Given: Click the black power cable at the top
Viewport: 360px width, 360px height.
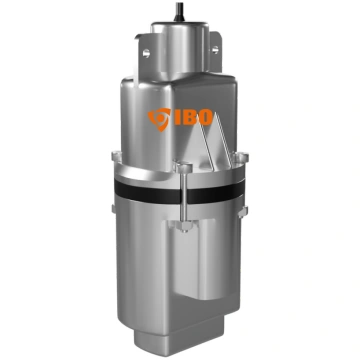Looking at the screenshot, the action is [x=179, y=11].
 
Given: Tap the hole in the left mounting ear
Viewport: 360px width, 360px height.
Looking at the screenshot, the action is [x=146, y=53].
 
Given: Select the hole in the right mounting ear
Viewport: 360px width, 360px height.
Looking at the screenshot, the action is [x=215, y=50].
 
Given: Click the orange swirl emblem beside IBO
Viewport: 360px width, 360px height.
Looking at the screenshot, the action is [x=159, y=119].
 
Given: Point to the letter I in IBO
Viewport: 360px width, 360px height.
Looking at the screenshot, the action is [x=178, y=117].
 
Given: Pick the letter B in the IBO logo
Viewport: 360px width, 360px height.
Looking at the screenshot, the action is [x=191, y=117].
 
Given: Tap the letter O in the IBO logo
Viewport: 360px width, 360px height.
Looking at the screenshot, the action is [x=206, y=117].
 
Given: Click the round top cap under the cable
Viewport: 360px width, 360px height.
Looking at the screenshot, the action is [x=180, y=50].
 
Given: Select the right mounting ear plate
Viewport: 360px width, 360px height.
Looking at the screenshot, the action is [x=216, y=51].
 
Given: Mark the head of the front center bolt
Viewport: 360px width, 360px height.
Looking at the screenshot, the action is [x=184, y=167].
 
